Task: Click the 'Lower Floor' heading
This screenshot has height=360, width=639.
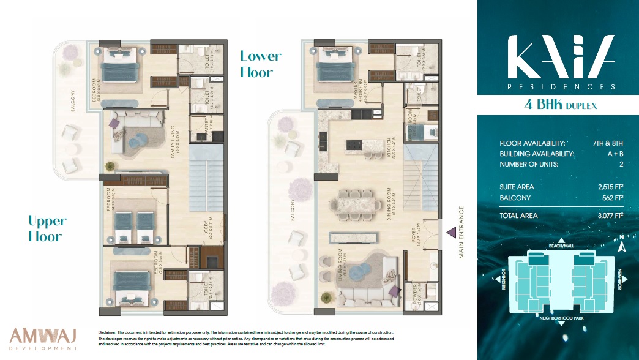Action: pyautogui.click(x=261, y=64)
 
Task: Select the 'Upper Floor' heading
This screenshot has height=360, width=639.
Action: pyautogui.click(x=47, y=228)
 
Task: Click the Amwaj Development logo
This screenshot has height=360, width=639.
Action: pyautogui.click(x=43, y=339)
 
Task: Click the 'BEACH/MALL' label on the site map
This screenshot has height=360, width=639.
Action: pyautogui.click(x=561, y=246)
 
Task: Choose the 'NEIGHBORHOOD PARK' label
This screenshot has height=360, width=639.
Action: pyautogui.click(x=561, y=318)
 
